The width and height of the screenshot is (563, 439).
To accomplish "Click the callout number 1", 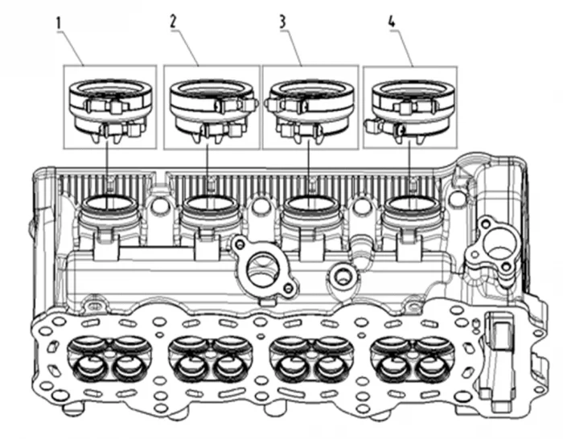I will pyautogui.click(x=60, y=23).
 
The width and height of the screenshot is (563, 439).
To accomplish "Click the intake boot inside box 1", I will pyautogui.click(x=110, y=108).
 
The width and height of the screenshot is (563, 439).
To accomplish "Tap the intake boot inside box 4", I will pyautogui.click(x=409, y=108).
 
